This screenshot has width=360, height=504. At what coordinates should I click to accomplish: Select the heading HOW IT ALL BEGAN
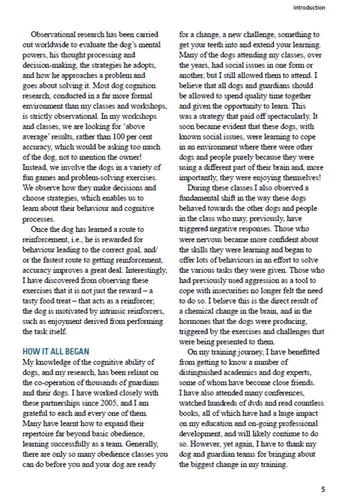coord(56,351)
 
